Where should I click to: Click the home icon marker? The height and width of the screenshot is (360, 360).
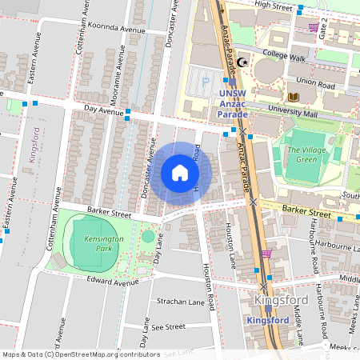click(180, 173)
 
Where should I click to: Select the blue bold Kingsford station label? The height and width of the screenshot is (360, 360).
click(269, 320)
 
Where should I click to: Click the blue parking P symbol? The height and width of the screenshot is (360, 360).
click(206, 80)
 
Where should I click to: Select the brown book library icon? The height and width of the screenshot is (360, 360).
click(293, 97)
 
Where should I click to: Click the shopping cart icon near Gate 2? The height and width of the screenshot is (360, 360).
click(313, 28)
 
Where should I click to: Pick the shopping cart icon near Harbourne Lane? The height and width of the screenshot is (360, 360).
click(266, 254)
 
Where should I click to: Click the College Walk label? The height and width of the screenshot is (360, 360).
click(284, 58)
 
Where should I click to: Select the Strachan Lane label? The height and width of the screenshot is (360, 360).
click(178, 302)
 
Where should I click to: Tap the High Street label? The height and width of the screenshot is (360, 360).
click(270, 5)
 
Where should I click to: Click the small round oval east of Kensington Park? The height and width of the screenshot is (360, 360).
click(148, 236)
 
